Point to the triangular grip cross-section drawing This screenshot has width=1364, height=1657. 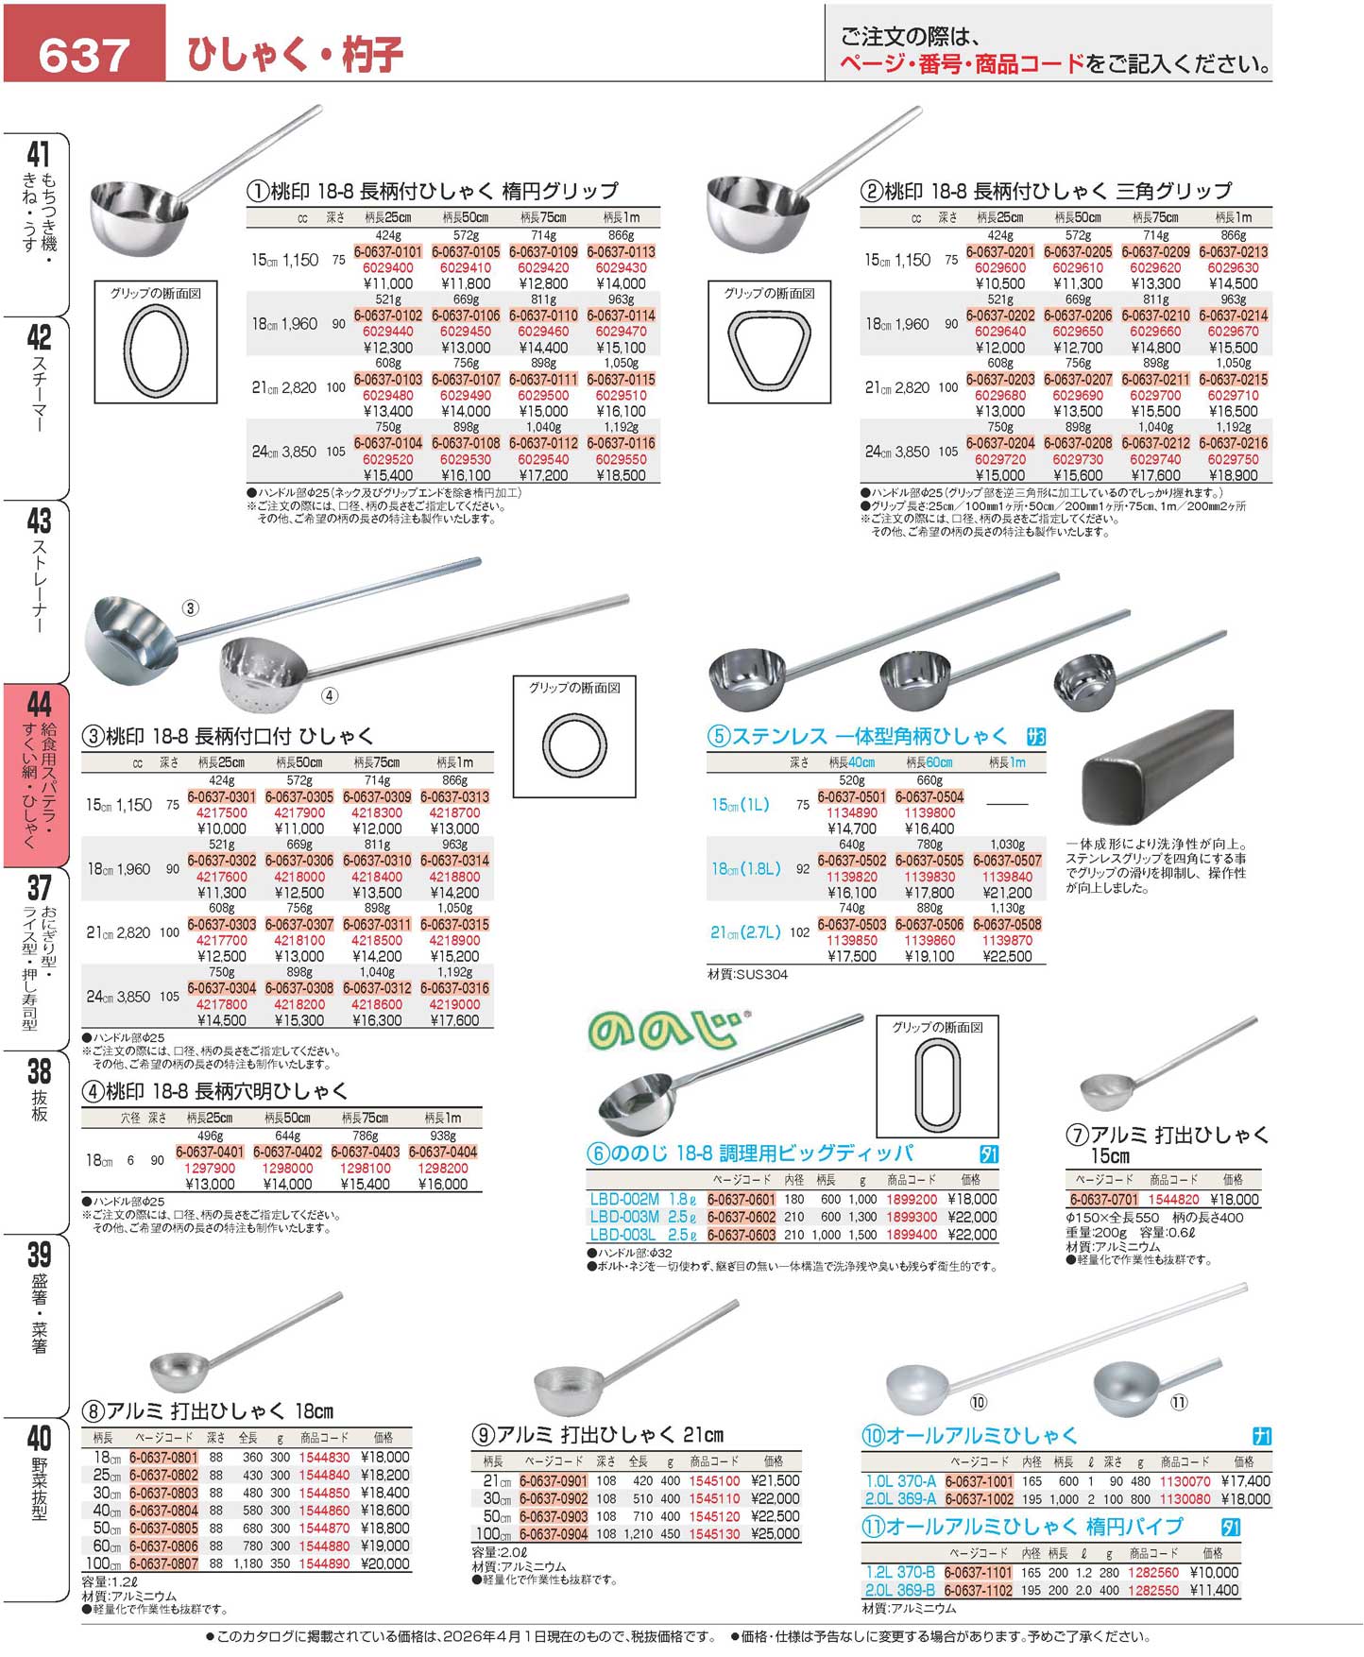[x=768, y=350]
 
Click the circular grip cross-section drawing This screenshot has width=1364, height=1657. [x=573, y=745]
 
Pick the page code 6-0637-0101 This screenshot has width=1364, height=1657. [x=388, y=252]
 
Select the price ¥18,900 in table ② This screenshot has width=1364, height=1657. [x=1233, y=475]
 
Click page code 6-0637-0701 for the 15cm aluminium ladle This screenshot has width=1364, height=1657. [x=1103, y=1199]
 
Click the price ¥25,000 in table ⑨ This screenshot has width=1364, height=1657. [x=775, y=1533]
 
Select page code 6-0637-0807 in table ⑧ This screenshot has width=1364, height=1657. [x=163, y=1563]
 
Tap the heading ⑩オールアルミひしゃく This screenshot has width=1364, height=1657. [x=969, y=1436]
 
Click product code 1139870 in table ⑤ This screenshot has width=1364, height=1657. [x=1007, y=940]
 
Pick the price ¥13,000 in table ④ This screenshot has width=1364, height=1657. [x=210, y=1184]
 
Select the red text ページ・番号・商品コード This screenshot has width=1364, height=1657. [x=962, y=64]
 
